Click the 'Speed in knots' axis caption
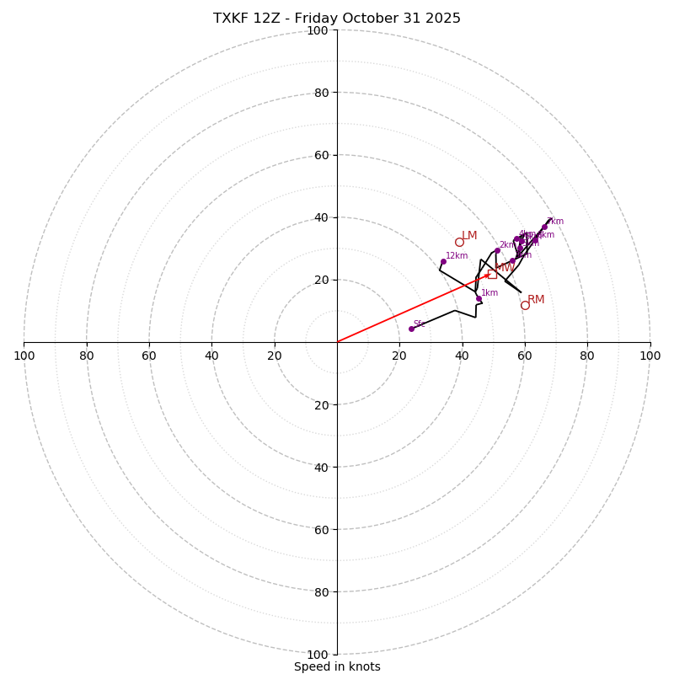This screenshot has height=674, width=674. (337, 666)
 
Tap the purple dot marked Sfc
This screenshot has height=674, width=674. (411, 329)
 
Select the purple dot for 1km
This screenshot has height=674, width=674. (479, 298)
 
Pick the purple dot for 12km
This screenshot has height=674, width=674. (443, 261)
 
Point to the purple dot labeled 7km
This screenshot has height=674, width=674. (544, 227)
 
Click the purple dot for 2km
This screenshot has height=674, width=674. (497, 250)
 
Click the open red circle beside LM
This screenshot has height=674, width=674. (459, 242)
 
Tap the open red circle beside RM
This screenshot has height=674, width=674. (525, 305)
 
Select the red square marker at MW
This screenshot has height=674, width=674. (492, 274)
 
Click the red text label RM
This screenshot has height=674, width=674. (536, 299)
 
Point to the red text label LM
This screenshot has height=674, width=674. (469, 236)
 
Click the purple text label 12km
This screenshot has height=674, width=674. (457, 255)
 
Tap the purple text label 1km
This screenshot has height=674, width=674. (489, 292)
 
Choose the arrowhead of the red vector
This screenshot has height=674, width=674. (487, 275)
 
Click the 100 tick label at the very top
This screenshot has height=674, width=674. (318, 30)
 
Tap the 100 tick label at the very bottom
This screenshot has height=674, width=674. (318, 654)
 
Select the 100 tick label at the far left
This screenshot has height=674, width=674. (24, 356)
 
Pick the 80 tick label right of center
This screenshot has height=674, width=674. (587, 356)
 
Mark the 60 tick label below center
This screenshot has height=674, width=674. (321, 529)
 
